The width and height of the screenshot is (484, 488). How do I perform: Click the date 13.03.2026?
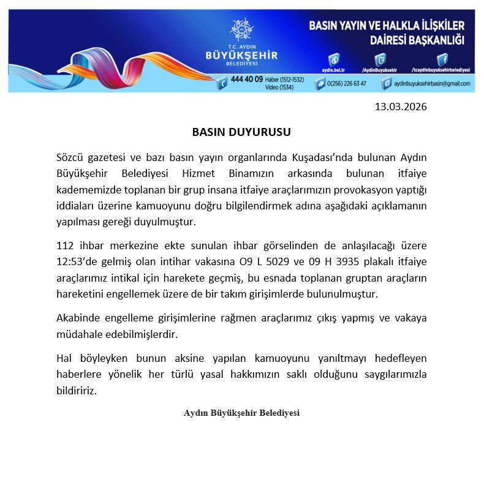click(x=400, y=107)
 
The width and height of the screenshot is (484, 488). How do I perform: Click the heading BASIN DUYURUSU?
click(x=241, y=132)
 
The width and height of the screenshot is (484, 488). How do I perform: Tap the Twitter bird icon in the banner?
click(x=381, y=59)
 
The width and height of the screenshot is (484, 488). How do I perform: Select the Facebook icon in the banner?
click(x=442, y=59)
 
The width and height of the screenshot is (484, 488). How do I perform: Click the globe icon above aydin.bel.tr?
click(x=334, y=59)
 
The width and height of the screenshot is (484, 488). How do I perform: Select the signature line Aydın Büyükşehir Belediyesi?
click(x=241, y=413)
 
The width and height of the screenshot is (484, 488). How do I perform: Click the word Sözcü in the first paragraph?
click(x=72, y=158)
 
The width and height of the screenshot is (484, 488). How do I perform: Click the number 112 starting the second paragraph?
click(x=65, y=246)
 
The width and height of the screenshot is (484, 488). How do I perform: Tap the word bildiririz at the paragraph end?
click(x=77, y=390)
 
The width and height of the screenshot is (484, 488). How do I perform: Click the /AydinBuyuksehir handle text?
click(x=379, y=70)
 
